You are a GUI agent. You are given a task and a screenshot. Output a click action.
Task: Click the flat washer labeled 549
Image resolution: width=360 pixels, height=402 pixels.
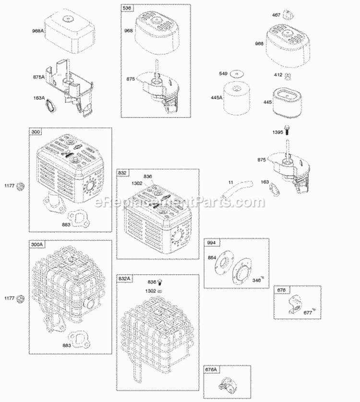[234, 74]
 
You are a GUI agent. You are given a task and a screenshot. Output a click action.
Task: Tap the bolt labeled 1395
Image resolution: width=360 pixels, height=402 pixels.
[287, 129]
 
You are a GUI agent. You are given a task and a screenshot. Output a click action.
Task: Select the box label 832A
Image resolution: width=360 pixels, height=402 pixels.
[124, 278]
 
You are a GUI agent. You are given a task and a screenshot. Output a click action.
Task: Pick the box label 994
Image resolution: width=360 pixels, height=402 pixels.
[210, 243]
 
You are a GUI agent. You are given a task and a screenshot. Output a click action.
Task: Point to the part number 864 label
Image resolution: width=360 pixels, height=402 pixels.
[212, 258]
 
